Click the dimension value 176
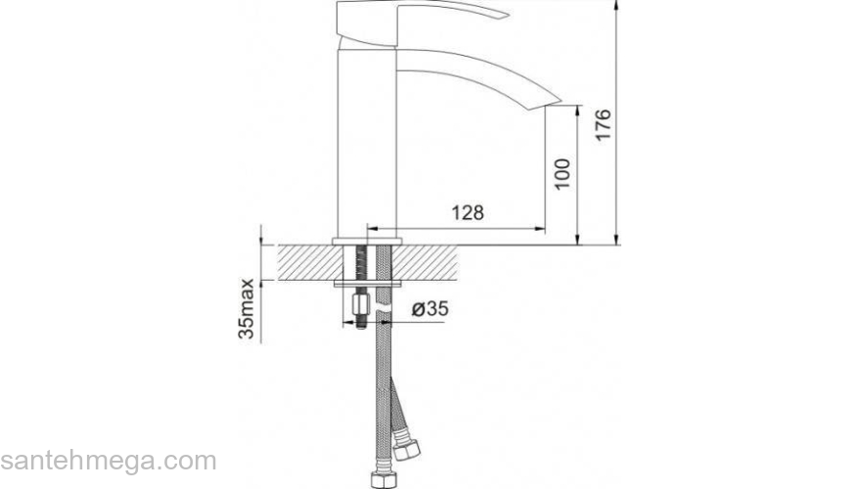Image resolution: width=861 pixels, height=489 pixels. click(603, 124)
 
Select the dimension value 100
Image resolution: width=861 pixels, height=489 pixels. click(562, 174)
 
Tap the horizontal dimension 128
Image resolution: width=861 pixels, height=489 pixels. click(468, 213)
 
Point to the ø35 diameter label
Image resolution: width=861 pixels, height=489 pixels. click(430, 309)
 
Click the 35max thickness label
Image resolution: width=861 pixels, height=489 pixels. click(246, 309)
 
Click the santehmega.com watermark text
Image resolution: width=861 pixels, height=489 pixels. click(109, 461)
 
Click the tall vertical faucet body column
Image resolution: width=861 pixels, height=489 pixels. click(366, 144)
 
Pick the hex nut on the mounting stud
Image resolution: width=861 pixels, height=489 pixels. click(361, 305)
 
